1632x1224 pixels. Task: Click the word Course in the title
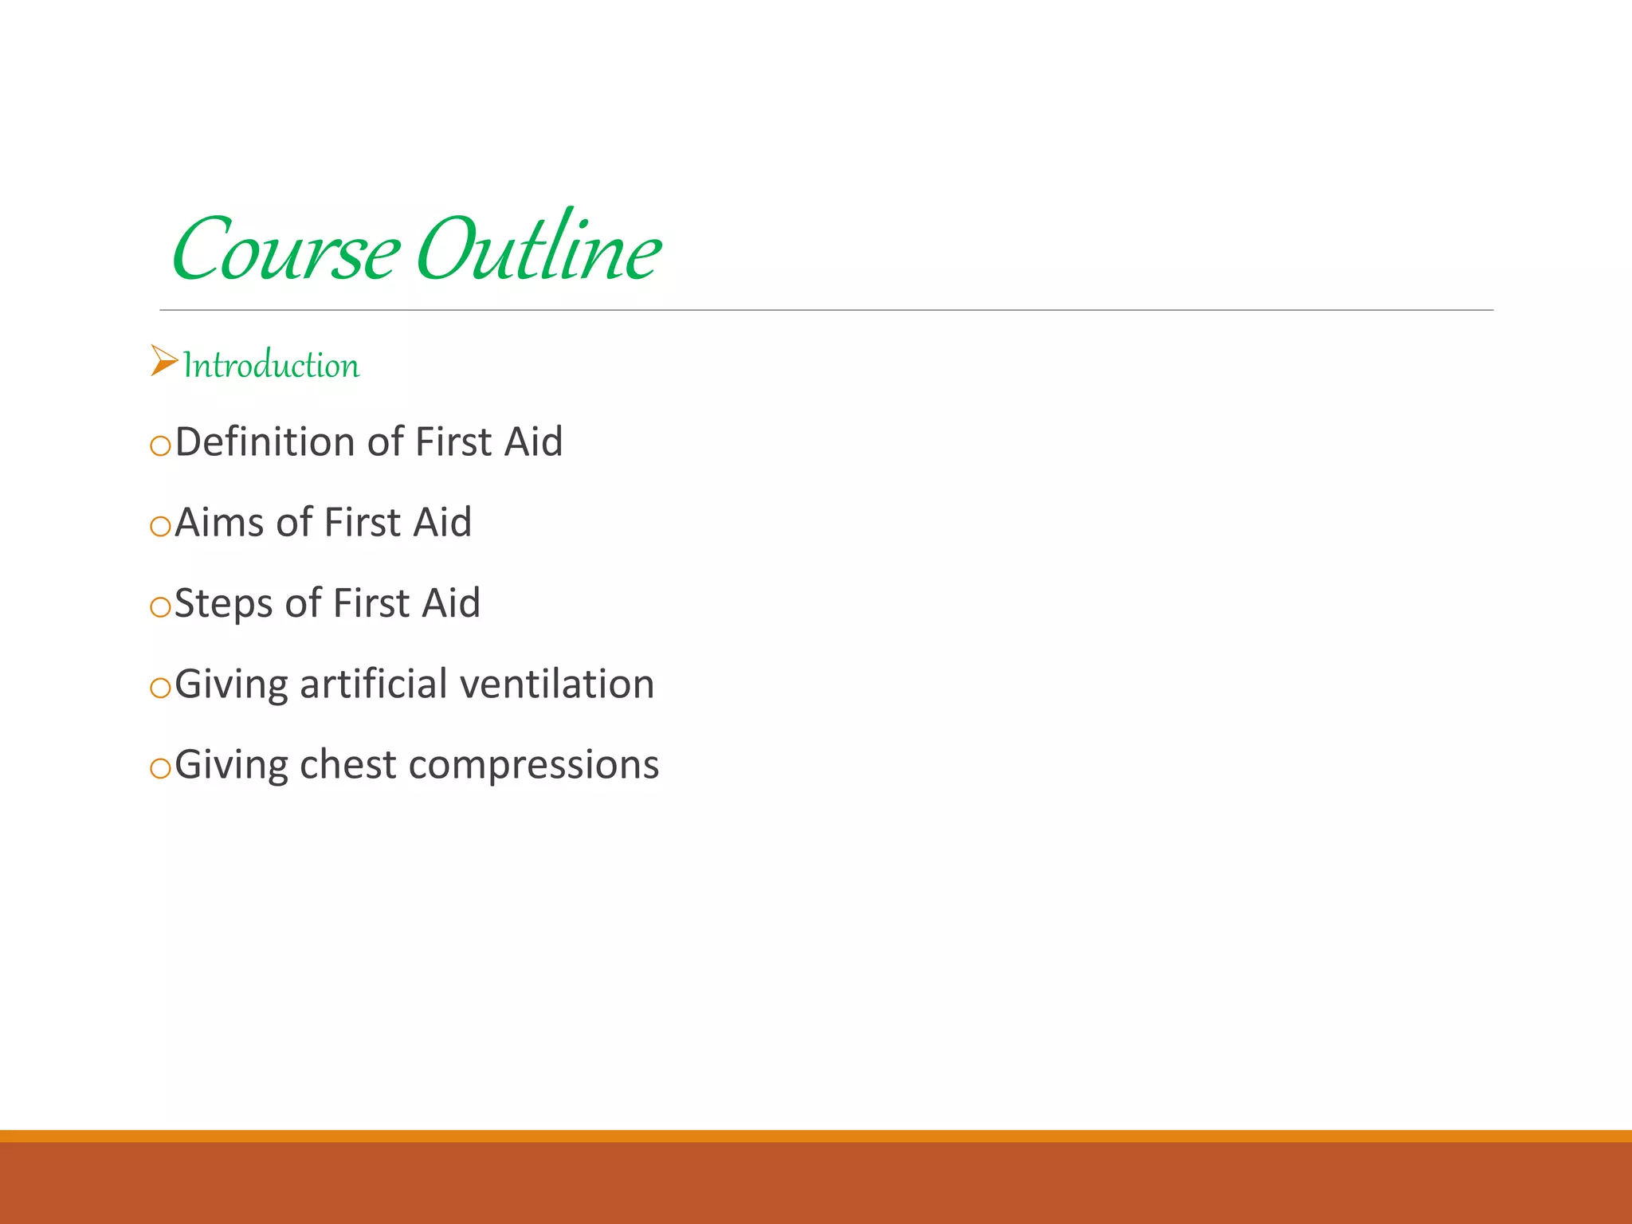(x=285, y=250)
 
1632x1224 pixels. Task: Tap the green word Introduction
(x=271, y=365)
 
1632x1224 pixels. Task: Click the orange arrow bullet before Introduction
(x=163, y=361)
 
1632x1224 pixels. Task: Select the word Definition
(x=265, y=442)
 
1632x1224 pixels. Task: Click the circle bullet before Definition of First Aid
(x=160, y=445)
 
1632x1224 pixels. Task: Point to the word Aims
(x=219, y=523)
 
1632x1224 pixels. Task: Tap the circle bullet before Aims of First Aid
(x=160, y=526)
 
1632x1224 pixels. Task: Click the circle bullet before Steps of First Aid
(x=160, y=607)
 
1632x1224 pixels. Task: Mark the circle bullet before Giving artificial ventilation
(x=160, y=688)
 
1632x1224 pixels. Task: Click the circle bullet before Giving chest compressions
(x=160, y=768)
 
